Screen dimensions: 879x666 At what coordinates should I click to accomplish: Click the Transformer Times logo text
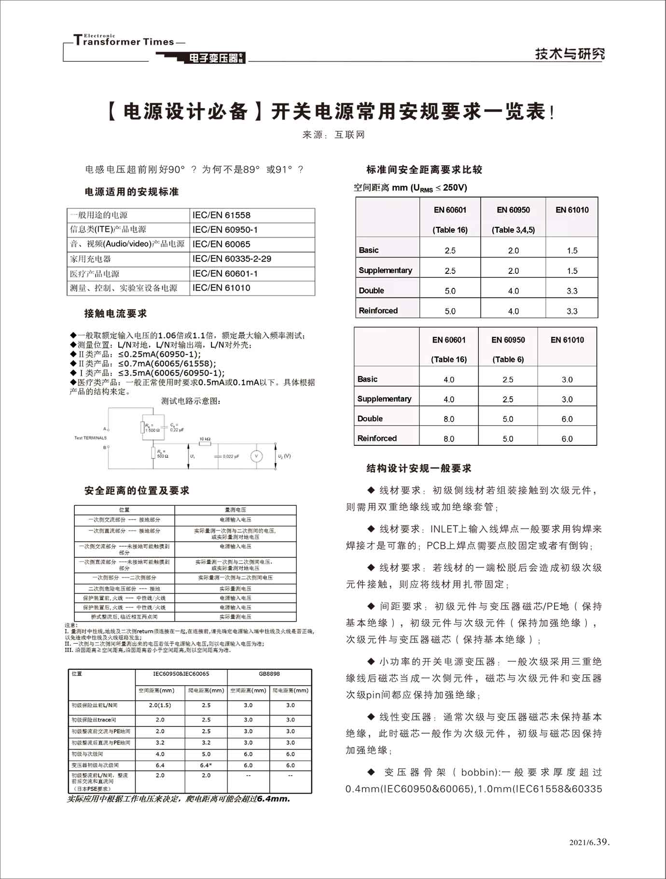(124, 42)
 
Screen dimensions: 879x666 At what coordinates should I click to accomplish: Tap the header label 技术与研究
(569, 54)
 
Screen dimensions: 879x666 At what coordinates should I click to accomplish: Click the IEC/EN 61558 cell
(222, 215)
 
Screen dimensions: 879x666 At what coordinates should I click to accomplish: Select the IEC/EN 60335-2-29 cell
(232, 259)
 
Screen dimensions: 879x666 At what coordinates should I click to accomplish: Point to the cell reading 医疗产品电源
(95, 274)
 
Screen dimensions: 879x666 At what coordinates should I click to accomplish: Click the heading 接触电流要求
(115, 313)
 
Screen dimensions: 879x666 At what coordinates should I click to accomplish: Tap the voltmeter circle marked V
(256, 456)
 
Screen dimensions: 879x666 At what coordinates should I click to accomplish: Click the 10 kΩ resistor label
(205, 439)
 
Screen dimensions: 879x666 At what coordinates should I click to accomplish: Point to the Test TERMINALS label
(90, 438)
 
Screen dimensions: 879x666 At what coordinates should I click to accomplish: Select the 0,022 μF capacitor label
(231, 456)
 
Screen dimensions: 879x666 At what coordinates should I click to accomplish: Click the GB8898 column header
(269, 674)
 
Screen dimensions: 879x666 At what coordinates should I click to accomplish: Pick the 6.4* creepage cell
(206, 765)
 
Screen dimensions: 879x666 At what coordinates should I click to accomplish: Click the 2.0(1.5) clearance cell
(160, 705)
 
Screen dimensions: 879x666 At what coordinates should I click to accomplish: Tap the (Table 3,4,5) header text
(513, 230)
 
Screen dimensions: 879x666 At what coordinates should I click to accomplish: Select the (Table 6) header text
(508, 359)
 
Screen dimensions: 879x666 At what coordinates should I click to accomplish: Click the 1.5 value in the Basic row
(572, 251)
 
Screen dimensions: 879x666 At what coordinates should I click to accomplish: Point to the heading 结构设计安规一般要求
(419, 468)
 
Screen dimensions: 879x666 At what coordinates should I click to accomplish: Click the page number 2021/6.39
(589, 842)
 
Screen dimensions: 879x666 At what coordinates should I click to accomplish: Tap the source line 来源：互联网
(333, 135)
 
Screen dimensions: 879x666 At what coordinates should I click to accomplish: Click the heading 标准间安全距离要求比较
(424, 170)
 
